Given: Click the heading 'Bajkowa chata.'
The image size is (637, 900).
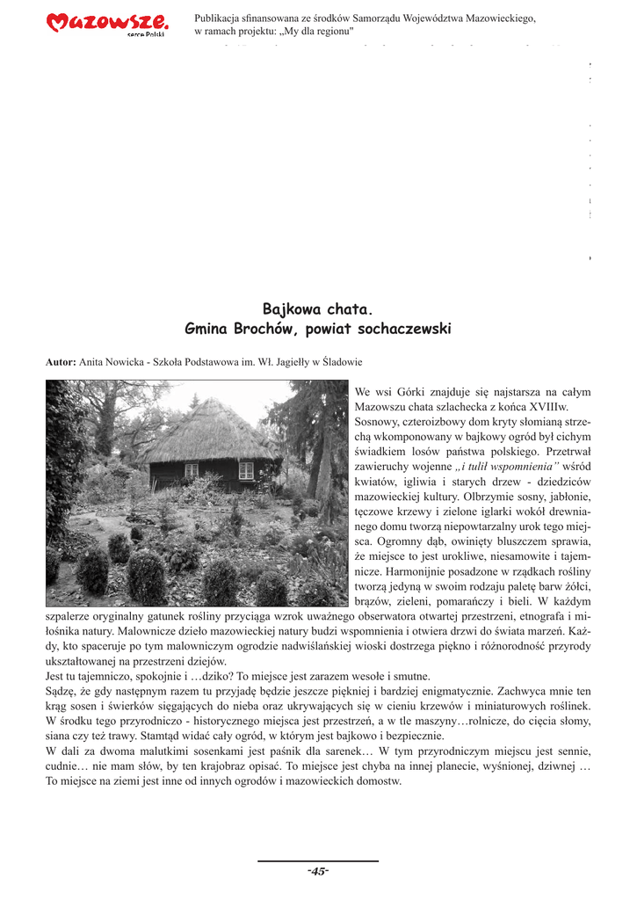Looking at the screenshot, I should point(317,309).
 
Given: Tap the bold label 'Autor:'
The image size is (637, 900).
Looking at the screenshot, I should point(61,361).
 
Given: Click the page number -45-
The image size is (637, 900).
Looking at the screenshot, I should point(317,871).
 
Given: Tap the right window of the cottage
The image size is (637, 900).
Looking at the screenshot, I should point(246,470).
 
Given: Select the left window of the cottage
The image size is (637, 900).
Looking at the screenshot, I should point(191,470).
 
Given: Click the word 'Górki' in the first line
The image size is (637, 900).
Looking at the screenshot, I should point(411,392).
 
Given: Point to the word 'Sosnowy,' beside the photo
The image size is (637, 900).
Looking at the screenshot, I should point(379,422).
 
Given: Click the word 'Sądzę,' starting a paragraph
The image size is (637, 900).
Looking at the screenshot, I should point(62,691).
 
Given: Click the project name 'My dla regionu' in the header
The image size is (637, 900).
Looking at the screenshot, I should point(316,32).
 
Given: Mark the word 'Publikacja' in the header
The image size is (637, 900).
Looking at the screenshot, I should point(221,18).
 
